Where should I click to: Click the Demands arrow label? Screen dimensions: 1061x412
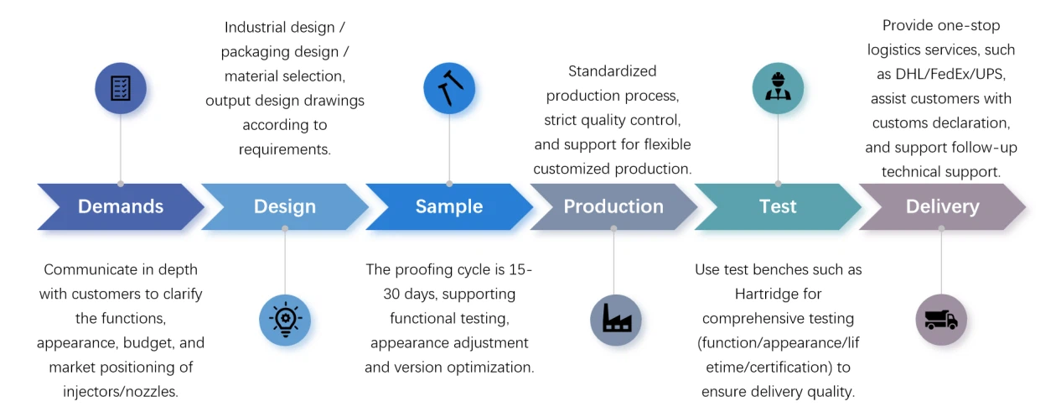tap(121, 206)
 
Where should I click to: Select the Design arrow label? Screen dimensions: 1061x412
tap(285, 206)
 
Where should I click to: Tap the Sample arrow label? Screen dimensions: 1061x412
tap(449, 206)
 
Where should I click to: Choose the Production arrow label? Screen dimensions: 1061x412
tap(613, 206)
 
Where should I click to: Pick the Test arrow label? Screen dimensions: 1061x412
tap(778, 206)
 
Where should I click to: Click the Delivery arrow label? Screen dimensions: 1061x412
tap(942, 206)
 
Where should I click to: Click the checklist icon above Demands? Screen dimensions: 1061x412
tap(121, 88)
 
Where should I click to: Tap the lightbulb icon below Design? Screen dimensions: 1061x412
tap(285, 320)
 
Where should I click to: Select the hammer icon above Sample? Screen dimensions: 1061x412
tap(449, 88)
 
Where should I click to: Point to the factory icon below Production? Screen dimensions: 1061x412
tap(616, 320)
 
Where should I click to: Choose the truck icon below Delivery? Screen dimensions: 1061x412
tap(941, 320)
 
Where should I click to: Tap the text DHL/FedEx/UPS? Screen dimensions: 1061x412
tap(950, 74)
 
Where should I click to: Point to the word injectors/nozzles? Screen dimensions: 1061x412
tap(121, 392)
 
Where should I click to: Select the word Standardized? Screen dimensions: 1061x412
tap(612, 71)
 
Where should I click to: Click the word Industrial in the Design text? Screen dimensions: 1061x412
tap(256, 28)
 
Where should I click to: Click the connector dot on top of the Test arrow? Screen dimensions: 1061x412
tap(778, 184)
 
